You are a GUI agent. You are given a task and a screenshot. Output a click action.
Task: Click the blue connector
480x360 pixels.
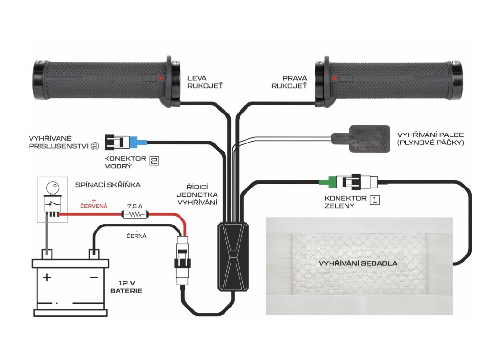click(138, 141)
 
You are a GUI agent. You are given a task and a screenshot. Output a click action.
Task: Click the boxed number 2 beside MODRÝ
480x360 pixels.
click(154, 161)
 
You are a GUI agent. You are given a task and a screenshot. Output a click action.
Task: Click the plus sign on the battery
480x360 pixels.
click(47, 277)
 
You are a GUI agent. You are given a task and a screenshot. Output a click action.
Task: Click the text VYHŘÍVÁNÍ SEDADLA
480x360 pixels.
click(358, 263)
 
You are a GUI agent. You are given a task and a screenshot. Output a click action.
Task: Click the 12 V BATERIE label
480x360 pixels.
click(126, 287)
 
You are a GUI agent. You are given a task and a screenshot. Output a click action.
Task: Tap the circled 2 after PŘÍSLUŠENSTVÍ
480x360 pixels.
click(96, 146)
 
